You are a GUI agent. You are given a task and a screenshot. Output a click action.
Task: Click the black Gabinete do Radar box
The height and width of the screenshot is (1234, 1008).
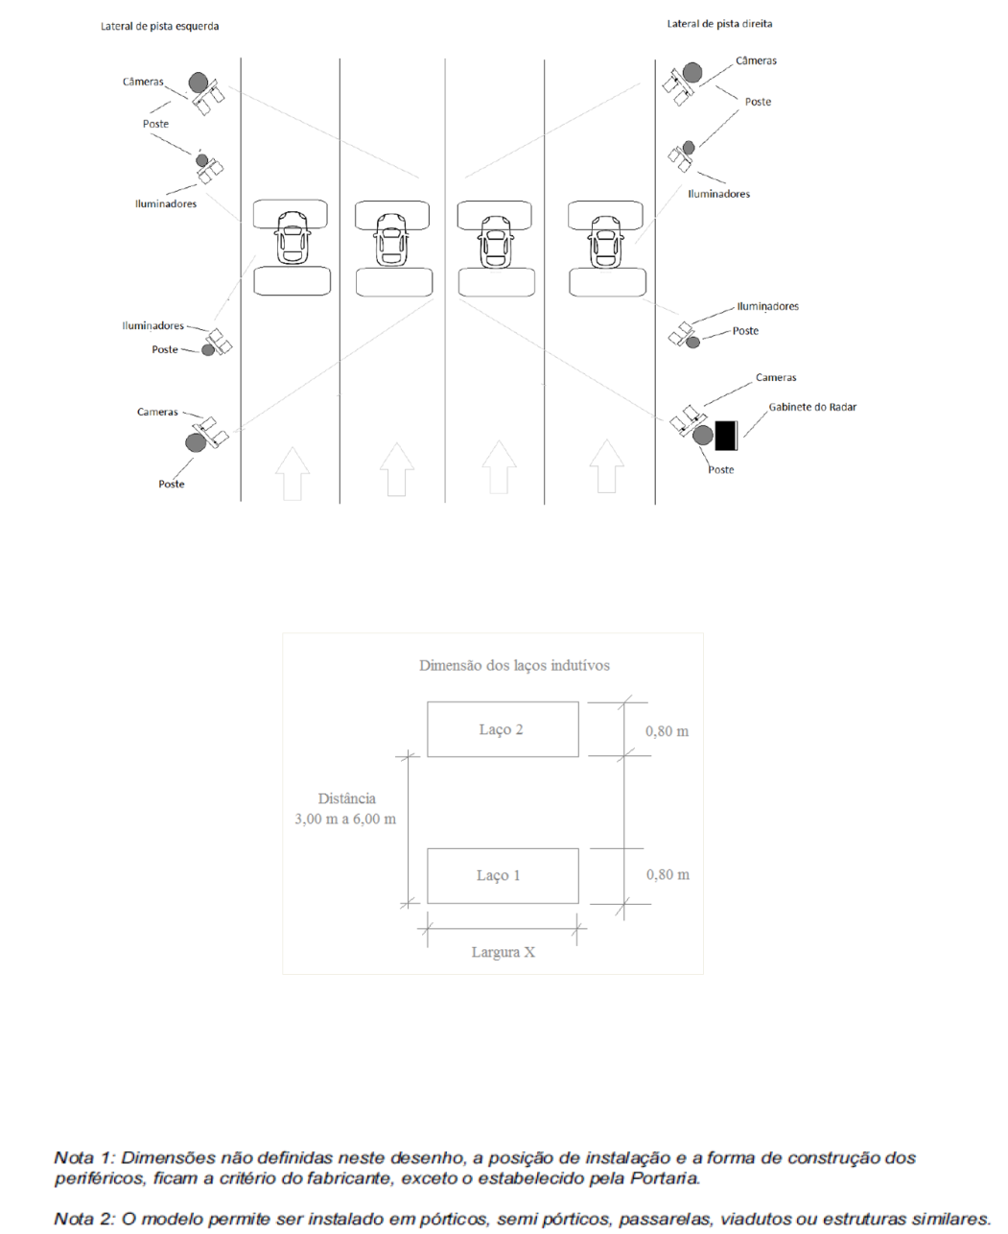click(x=726, y=436)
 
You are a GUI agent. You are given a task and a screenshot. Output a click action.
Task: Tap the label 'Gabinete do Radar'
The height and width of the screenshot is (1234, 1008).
click(x=812, y=407)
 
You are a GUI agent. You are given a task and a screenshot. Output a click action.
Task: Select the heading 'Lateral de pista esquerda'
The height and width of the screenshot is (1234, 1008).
click(x=159, y=26)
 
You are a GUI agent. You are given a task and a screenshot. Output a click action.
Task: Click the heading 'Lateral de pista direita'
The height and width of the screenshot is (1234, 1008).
click(x=719, y=24)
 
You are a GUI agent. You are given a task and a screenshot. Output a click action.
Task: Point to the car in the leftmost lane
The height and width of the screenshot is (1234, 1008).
click(x=293, y=238)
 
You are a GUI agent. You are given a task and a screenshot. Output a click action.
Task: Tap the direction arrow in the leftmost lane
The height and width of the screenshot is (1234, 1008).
click(x=293, y=473)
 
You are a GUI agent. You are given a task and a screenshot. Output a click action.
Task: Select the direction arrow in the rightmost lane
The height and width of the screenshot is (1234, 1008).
click(x=607, y=466)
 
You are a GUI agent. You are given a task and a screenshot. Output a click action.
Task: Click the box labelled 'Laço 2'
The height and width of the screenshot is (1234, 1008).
click(x=503, y=729)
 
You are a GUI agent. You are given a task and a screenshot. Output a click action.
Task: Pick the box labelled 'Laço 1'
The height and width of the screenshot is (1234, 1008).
click(x=503, y=876)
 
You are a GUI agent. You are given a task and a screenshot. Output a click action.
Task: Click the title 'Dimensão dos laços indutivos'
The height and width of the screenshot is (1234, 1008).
click(x=514, y=665)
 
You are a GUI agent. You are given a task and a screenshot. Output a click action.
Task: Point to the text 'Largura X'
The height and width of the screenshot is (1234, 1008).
click(x=504, y=952)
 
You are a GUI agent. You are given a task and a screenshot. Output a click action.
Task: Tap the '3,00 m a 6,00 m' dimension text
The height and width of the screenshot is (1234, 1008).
click(x=345, y=819)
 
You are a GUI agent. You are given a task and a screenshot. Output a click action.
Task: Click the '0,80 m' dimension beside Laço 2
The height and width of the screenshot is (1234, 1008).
click(x=668, y=731)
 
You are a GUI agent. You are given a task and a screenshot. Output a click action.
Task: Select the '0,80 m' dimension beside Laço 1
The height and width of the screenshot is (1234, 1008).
click(x=668, y=874)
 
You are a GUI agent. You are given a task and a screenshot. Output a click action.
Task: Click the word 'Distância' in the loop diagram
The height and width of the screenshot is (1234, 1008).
click(x=347, y=798)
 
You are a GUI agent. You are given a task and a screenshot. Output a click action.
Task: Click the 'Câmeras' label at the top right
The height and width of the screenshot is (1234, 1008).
click(x=756, y=60)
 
